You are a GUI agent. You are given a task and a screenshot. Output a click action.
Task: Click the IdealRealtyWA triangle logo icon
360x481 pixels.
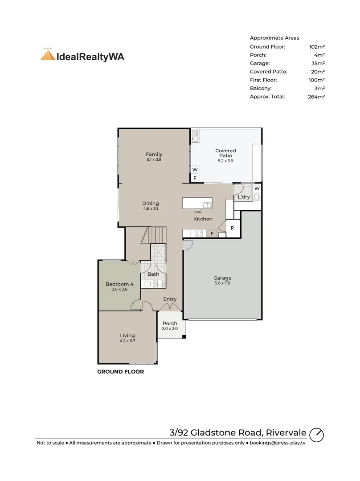[x=48, y=55]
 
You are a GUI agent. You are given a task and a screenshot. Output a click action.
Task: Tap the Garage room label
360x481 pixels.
[x=222, y=278]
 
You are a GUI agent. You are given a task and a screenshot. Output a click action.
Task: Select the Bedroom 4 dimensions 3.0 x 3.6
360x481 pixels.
[x=119, y=289]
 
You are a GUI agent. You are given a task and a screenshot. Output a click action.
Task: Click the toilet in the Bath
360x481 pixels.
[x=160, y=282]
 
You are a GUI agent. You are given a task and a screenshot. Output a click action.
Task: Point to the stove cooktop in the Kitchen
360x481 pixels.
[x=199, y=233]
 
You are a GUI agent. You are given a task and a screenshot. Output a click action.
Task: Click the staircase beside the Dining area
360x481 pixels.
[x=154, y=235]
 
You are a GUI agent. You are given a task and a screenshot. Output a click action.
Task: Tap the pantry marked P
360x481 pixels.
[x=232, y=228]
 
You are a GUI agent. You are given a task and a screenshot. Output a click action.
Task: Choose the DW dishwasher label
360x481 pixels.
[x=198, y=212]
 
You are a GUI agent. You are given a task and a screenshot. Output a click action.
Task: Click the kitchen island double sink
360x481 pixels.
[x=207, y=205]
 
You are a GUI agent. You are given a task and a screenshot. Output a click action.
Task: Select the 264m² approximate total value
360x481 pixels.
[x=316, y=97]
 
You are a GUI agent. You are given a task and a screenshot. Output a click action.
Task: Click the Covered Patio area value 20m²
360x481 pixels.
[x=318, y=72]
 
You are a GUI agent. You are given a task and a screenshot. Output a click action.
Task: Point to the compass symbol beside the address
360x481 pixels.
[x=316, y=435]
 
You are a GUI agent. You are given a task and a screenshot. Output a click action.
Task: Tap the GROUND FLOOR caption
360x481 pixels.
[x=121, y=372]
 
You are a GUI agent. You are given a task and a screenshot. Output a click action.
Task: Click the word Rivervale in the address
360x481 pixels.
[x=286, y=432]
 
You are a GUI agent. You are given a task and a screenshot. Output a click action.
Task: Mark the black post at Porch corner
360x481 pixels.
[x=184, y=337]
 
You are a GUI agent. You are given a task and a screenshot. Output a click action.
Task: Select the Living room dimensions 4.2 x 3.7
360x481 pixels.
[x=127, y=341]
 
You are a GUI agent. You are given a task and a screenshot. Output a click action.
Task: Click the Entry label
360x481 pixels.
[x=170, y=299]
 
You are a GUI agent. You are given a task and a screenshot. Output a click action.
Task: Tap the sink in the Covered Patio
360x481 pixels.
[x=195, y=135]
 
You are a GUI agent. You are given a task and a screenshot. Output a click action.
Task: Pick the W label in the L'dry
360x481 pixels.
[x=257, y=188]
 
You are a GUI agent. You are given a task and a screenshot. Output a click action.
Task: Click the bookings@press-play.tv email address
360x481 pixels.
[x=278, y=443]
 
